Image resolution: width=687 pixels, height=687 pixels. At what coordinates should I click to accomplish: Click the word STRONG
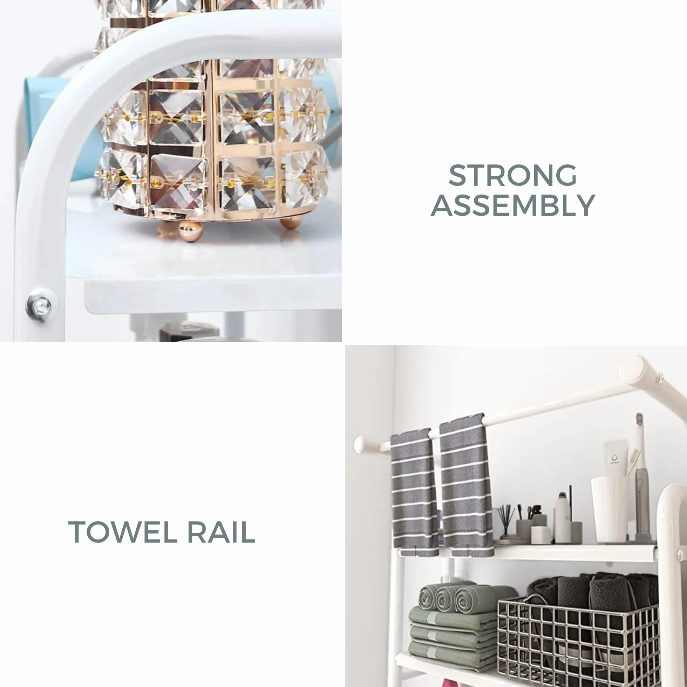pos(512,175)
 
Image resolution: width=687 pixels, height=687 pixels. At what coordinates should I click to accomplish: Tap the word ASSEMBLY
pos(513,205)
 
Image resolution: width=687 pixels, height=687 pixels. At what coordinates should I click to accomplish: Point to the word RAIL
pos(221,532)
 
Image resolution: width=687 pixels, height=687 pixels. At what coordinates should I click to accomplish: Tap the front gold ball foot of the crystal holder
pos(191,231)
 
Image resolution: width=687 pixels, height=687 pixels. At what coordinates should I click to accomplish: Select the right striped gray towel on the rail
pos(466,485)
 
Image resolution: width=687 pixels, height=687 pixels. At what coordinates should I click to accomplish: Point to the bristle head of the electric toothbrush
pos(639,419)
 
